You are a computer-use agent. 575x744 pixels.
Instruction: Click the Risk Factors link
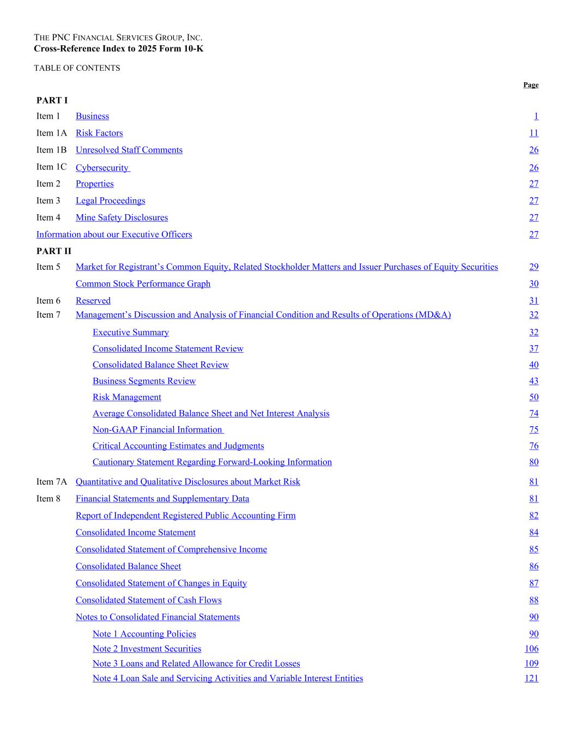point(99,133)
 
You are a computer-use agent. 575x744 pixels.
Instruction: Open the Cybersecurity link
point(102,168)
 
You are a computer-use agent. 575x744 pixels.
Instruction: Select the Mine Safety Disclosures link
point(122,217)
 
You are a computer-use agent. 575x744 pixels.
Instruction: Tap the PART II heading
point(53,251)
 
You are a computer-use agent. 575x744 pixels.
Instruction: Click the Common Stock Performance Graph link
point(143,283)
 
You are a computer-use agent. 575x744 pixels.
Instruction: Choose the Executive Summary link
point(131,332)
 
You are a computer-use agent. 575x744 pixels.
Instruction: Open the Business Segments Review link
point(144,381)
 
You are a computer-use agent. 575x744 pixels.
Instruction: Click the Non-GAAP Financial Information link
point(158,430)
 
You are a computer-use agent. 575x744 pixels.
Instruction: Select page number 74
point(534,414)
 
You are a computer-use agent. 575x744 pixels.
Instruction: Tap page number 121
point(531,678)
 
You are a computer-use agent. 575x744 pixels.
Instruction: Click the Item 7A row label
point(52,482)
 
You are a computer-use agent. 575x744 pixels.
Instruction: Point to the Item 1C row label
point(51,167)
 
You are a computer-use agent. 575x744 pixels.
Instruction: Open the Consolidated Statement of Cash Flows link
point(149,600)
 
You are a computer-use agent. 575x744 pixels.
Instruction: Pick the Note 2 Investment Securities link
point(147,649)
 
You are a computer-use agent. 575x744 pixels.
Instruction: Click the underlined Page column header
point(531,85)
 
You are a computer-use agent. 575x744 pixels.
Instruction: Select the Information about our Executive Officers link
point(114,234)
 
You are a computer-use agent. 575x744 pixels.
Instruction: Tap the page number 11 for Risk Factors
point(534,133)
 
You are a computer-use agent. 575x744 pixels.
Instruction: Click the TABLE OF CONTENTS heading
point(77,68)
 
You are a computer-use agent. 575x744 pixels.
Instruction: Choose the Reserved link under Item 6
point(93,300)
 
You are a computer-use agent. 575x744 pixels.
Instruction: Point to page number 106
point(531,649)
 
